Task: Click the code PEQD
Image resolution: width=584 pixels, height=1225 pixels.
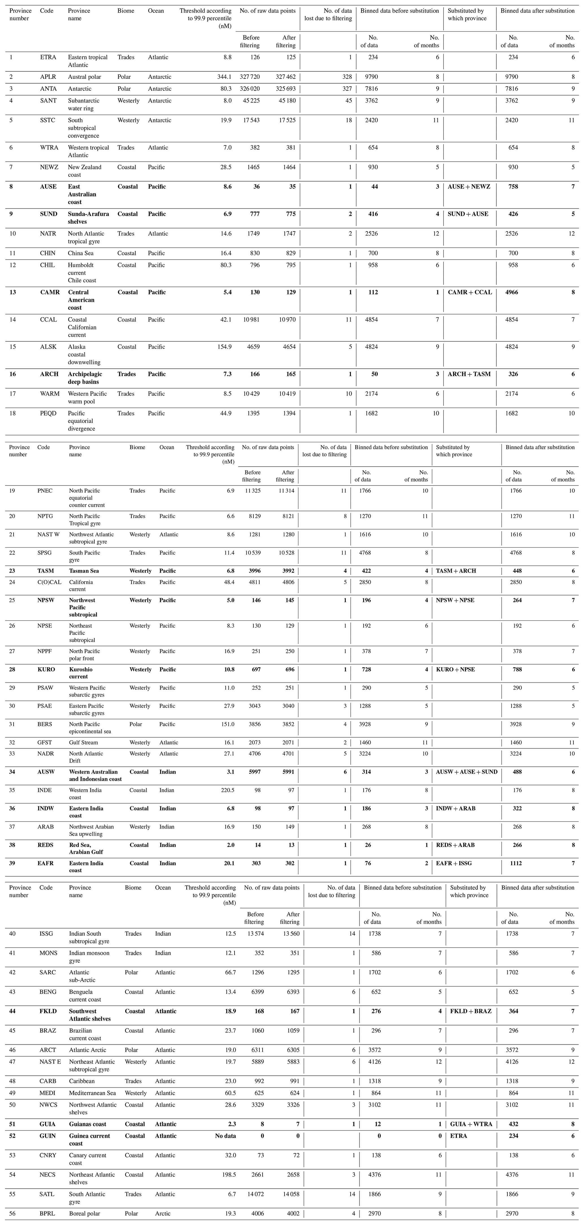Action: [x=48, y=413]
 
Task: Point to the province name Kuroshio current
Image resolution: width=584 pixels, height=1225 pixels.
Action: [x=82, y=673]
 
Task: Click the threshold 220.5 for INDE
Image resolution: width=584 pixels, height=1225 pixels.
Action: [x=226, y=790]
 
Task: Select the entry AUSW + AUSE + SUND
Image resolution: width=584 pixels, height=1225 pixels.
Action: [x=466, y=772]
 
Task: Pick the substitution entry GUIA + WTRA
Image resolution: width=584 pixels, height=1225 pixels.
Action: [x=471, y=1124]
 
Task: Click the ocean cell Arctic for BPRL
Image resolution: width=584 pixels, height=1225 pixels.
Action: [x=163, y=1214]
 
